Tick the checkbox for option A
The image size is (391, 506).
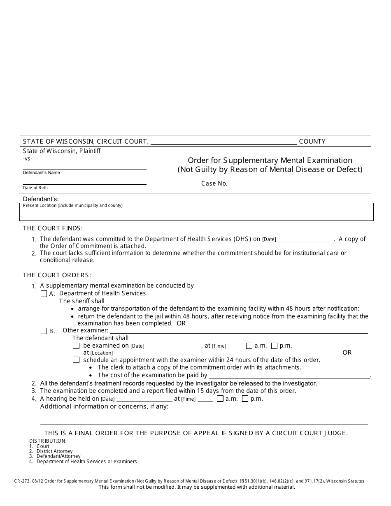pyautogui.click(x=44, y=294)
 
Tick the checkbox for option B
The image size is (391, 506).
pyautogui.click(x=44, y=331)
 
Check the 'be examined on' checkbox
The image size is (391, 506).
pyautogui.click(x=76, y=346)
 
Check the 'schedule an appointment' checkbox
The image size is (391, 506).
pyautogui.click(x=76, y=360)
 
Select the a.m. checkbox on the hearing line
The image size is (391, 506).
pyautogui.click(x=220, y=399)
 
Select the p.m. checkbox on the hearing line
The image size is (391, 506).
pyautogui.click(x=245, y=399)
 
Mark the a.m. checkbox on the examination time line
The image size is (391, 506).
pyautogui.click(x=249, y=346)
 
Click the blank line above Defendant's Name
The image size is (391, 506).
pyautogui.click(x=84, y=167)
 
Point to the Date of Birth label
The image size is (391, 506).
pyautogui.click(x=35, y=188)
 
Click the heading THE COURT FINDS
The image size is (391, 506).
pyautogui.click(x=53, y=228)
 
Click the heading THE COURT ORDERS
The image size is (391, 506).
pyautogui.click(x=57, y=275)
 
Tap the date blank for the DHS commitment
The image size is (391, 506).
pyautogui.click(x=305, y=240)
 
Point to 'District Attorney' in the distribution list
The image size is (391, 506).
pyautogui.click(x=54, y=451)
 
